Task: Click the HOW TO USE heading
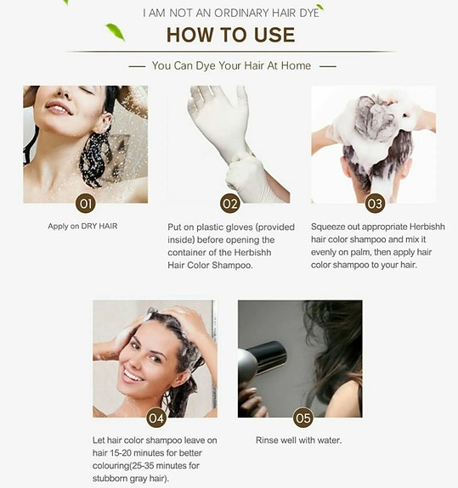[230, 35]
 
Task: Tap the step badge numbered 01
[85, 203]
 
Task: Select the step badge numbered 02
[229, 203]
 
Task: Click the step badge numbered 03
[375, 203]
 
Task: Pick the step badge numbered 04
[155, 418]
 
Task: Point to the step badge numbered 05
[302, 418]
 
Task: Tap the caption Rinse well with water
[298, 440]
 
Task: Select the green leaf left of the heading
[115, 32]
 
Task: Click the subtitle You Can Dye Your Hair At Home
[231, 65]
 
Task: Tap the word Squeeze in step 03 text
[330, 227]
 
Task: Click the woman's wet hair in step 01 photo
[93, 157]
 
